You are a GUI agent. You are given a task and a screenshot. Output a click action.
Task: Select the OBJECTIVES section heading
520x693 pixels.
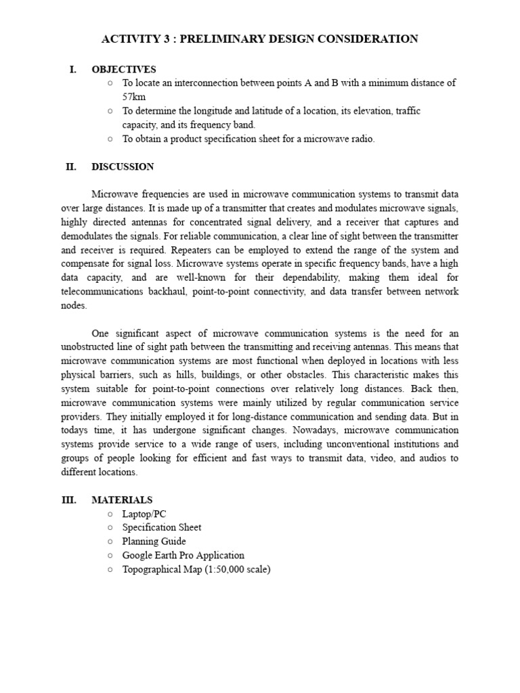coord(124,69)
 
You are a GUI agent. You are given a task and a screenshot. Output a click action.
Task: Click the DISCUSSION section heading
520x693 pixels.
coord(123,166)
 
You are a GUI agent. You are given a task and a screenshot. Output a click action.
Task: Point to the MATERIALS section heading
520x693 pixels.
coord(122,500)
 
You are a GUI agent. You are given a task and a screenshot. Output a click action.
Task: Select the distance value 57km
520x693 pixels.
coord(134,97)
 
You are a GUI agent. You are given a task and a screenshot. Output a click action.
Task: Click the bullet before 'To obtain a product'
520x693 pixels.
coord(110,139)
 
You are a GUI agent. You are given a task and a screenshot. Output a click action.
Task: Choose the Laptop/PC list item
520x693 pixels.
coord(144,514)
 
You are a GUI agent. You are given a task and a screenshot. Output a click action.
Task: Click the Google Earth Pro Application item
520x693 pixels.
coord(183,555)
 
